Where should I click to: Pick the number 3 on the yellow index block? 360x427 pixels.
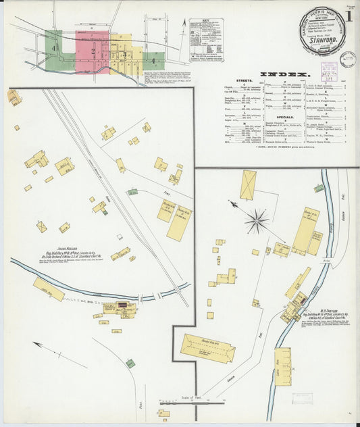point(124,52)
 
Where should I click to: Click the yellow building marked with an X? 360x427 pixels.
point(248,184)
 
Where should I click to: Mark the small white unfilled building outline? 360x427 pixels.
point(120,237)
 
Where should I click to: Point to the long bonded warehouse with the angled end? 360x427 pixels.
point(207,348)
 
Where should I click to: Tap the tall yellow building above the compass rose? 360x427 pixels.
point(248,184)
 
